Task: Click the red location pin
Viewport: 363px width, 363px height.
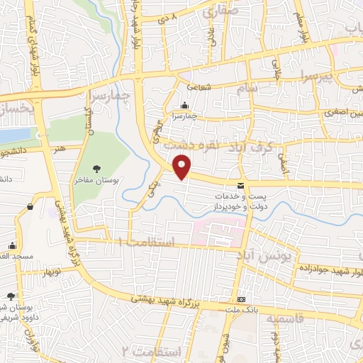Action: tap(183, 167)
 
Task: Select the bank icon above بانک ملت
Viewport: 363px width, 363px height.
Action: tap(242, 299)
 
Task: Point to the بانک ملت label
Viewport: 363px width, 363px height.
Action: tap(242, 310)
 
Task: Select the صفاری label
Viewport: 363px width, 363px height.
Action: tap(219, 12)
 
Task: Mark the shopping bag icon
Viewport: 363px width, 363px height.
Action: tap(30, 206)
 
